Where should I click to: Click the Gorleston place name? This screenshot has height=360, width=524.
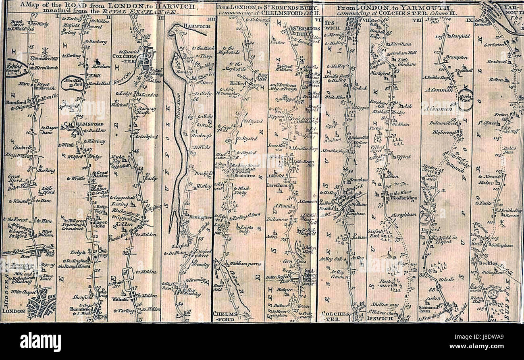[494, 45]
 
